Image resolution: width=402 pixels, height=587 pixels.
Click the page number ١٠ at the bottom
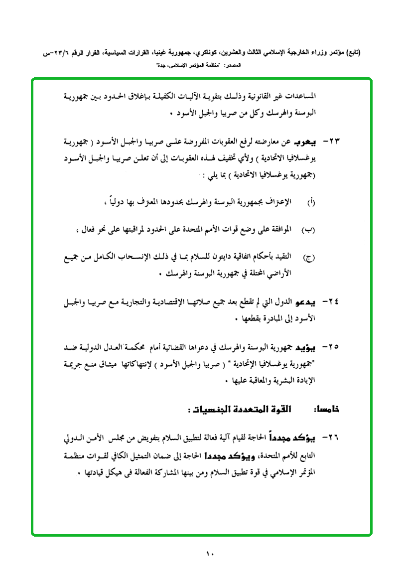coord(209,554)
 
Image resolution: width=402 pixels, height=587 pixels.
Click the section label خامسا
coord(327,410)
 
